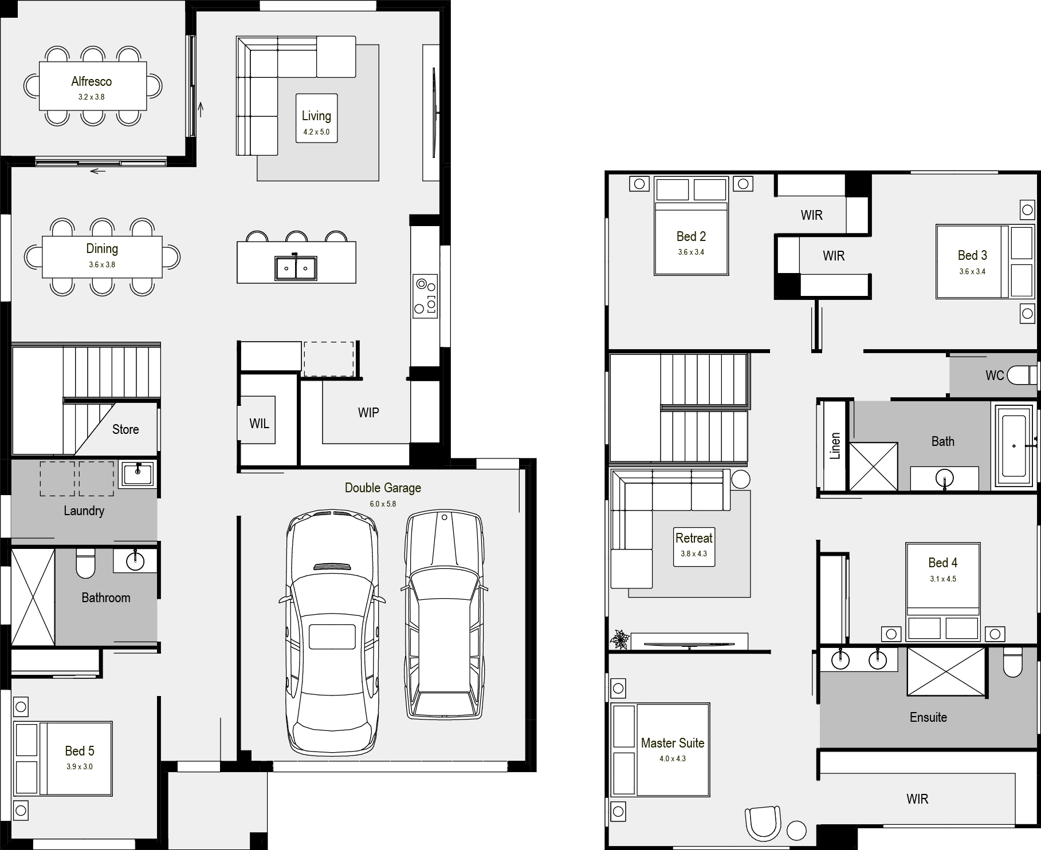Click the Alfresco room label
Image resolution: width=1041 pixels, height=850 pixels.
pyautogui.click(x=92, y=81)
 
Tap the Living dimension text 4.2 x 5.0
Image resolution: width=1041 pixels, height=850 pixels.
pyautogui.click(x=316, y=132)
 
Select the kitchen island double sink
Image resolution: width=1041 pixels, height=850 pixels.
pyautogui.click(x=296, y=268)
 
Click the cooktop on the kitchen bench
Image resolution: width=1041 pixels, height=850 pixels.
pyautogui.click(x=425, y=296)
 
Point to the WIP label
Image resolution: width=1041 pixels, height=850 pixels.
pyautogui.click(x=368, y=413)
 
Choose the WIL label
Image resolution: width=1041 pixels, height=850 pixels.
pyautogui.click(x=259, y=424)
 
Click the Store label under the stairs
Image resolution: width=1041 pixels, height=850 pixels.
pyautogui.click(x=125, y=429)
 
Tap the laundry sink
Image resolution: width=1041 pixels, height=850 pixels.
pyautogui.click(x=138, y=474)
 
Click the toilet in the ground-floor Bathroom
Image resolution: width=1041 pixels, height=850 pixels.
pyautogui.click(x=86, y=564)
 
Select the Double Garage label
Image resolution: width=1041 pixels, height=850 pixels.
pyautogui.click(x=383, y=488)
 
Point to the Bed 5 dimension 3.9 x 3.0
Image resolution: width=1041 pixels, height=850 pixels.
pyautogui.click(x=79, y=766)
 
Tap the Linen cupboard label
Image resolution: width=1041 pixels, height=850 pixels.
pyautogui.click(x=835, y=446)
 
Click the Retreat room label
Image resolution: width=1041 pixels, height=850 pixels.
pyautogui.click(x=694, y=538)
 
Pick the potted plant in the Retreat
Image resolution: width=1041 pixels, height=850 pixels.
pyautogui.click(x=619, y=639)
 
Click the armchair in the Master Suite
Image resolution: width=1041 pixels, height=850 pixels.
pyautogui.click(x=763, y=823)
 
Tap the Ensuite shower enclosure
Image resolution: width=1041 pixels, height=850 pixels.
pyautogui.click(x=946, y=671)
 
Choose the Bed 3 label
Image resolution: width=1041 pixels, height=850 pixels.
pyautogui.click(x=972, y=255)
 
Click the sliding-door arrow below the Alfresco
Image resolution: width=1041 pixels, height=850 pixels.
pyautogui.click(x=98, y=171)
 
